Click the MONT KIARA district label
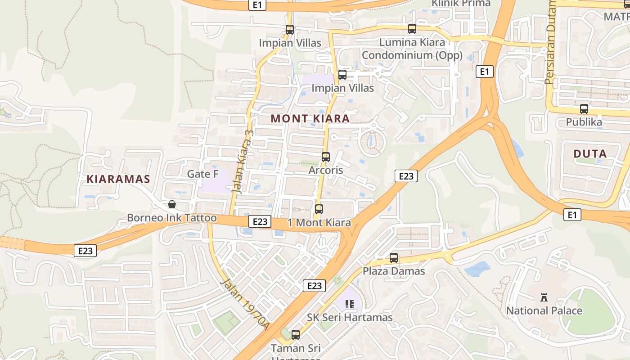pyautogui.click(x=310, y=119)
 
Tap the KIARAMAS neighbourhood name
pyautogui.click(x=118, y=179)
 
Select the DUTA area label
pyautogui.click(x=590, y=154)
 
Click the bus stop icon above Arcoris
pyautogui.click(x=326, y=157)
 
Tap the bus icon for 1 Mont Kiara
pyautogui.click(x=319, y=209)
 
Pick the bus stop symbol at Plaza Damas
pyautogui.click(x=394, y=258)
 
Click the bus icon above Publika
pyautogui.click(x=584, y=109)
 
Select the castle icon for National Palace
pyautogui.click(x=544, y=297)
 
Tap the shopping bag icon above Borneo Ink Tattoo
pyautogui.click(x=172, y=204)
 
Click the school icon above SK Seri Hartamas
pyautogui.click(x=350, y=305)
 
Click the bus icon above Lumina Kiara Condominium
pyautogui.click(x=412, y=29)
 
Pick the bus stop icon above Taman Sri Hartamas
pyautogui.click(x=296, y=334)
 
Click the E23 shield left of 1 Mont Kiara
pyautogui.click(x=260, y=221)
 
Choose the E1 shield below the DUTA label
pyautogui.click(x=571, y=215)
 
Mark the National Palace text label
pyautogui.click(x=544, y=310)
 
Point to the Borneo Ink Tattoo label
pyautogui.click(x=172, y=218)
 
